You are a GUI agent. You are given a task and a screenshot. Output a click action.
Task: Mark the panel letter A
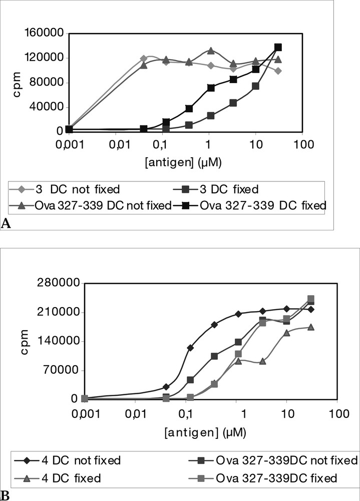[x=6, y=224]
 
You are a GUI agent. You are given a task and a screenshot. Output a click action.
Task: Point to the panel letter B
[x=5, y=495]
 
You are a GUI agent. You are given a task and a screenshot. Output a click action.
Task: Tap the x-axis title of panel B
[x=211, y=431]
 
